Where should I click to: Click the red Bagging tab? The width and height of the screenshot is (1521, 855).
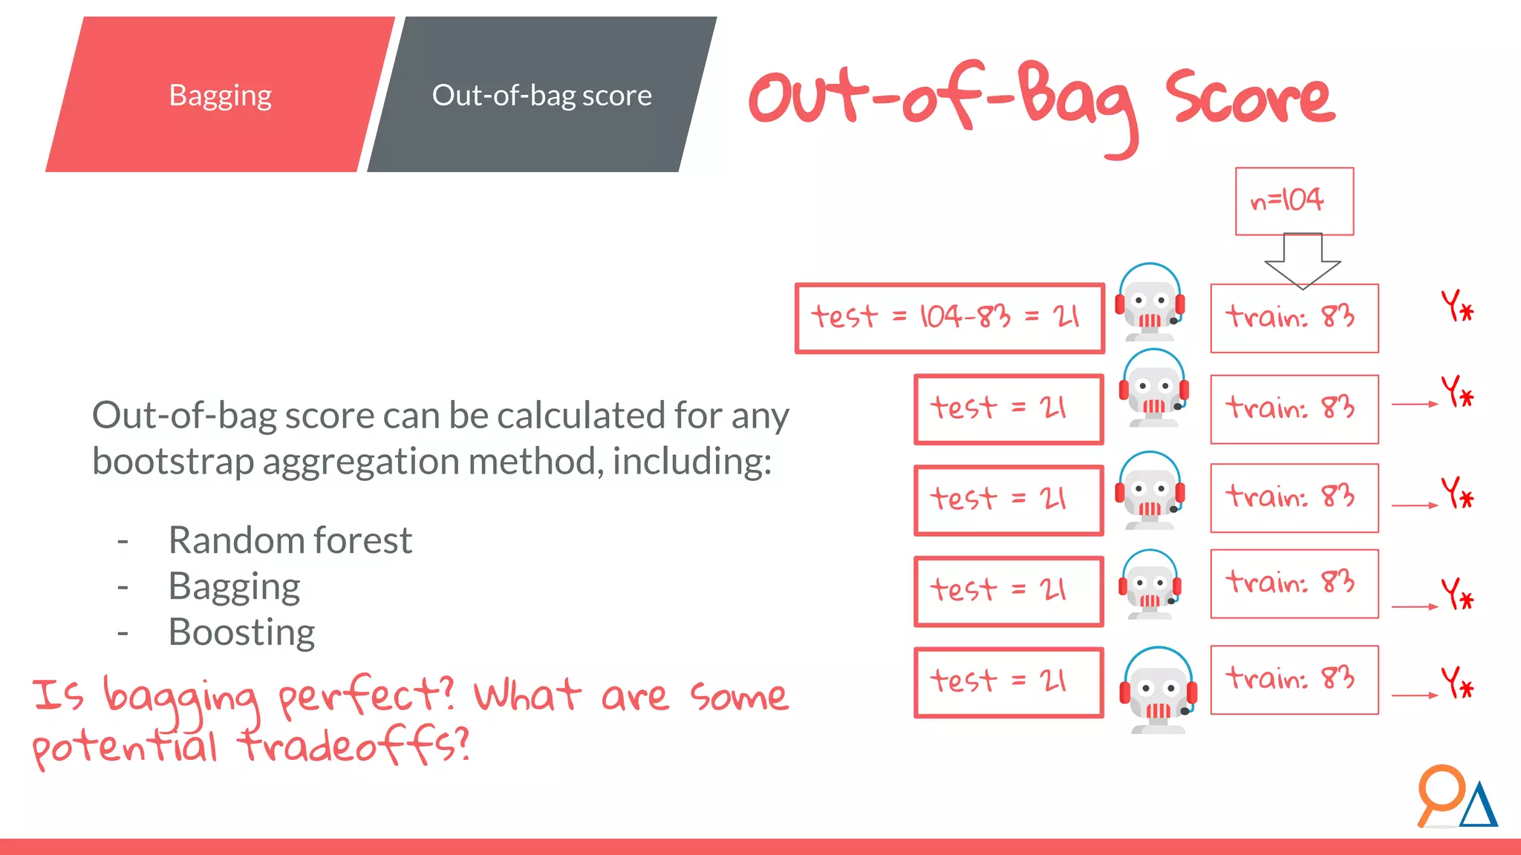(x=220, y=95)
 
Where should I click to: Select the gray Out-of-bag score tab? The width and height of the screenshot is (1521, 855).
(x=541, y=95)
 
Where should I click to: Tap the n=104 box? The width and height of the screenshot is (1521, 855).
(x=1294, y=201)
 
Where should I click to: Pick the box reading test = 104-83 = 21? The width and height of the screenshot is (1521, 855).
(x=948, y=318)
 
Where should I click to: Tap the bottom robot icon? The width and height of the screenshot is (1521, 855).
(x=1157, y=690)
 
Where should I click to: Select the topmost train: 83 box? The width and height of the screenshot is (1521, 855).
(x=1294, y=318)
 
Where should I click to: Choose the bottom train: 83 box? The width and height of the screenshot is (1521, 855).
(x=1294, y=680)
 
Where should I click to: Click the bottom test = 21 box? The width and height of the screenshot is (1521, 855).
(x=1008, y=682)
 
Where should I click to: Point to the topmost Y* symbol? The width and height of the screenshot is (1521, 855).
(x=1457, y=306)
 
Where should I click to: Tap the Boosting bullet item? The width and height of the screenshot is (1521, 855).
(x=241, y=632)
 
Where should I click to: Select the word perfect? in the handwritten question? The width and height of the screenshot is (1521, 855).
(x=365, y=696)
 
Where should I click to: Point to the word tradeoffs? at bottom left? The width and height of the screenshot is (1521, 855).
(x=354, y=745)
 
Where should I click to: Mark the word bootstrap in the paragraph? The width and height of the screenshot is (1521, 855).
(x=173, y=462)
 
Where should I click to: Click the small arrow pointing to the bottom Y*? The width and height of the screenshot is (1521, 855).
(x=1414, y=695)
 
